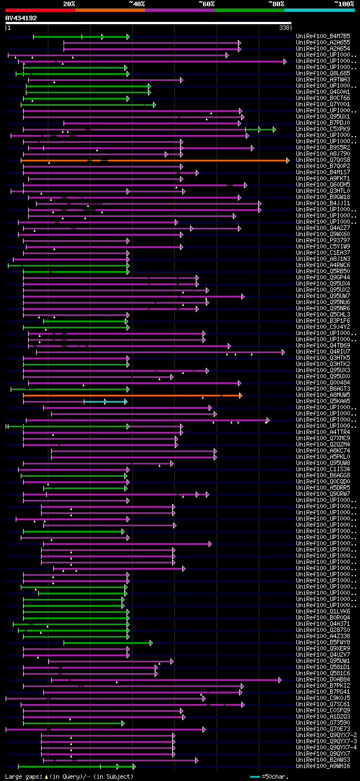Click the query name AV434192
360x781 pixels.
pos(21,18)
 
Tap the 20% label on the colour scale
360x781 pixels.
pos(69,3)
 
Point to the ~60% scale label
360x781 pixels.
pos(206,3)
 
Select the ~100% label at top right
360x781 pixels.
pos(344,3)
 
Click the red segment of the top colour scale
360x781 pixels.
pos(39,10)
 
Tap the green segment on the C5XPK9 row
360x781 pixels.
pos(260,129)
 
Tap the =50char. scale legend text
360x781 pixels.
pos(275,777)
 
